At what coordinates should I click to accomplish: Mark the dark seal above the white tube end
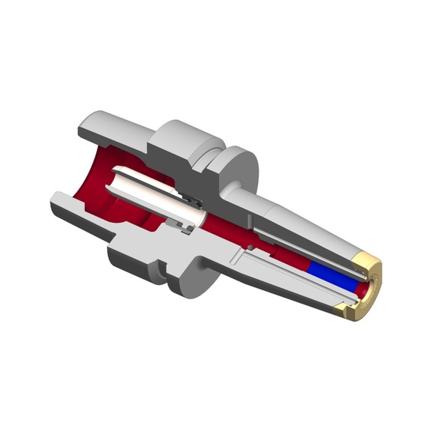193,200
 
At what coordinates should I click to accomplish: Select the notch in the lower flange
161,266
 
